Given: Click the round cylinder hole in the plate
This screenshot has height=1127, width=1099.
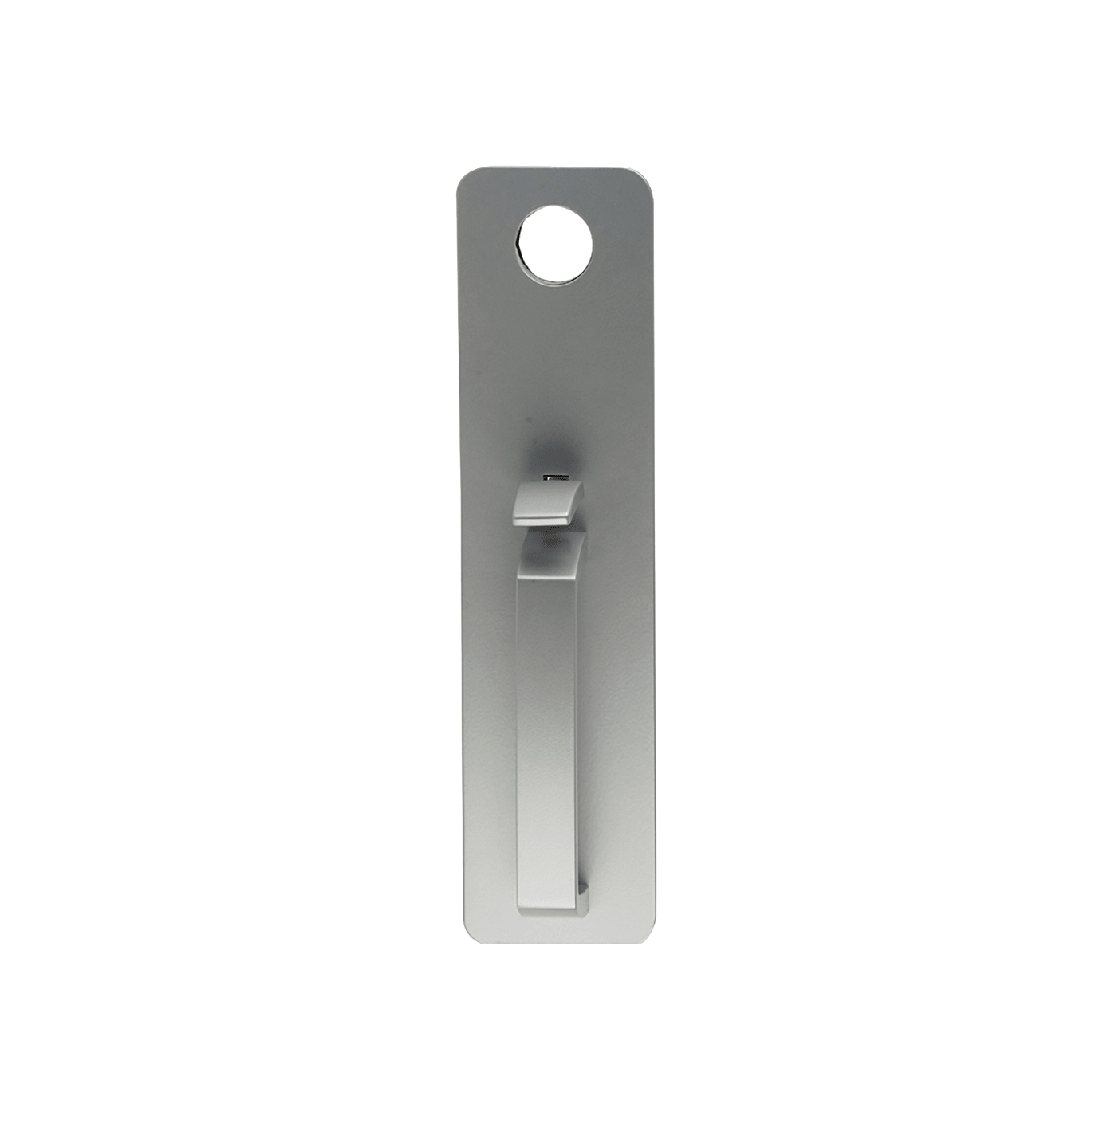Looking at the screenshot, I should coord(555,243).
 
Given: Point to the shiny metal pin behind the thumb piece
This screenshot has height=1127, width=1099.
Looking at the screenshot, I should coord(556,477).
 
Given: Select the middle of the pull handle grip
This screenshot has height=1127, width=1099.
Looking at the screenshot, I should coord(546,733).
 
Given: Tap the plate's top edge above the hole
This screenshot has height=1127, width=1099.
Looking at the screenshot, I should coord(555,169).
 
